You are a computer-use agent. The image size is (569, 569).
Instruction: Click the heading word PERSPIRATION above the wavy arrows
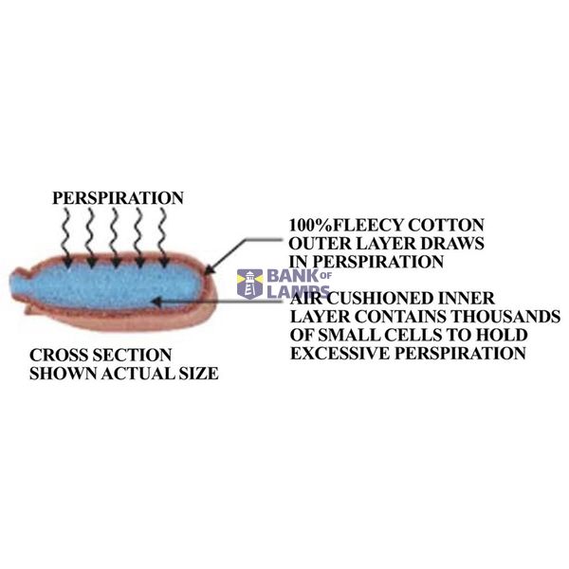pos(118,198)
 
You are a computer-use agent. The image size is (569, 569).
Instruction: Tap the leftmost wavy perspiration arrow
pos(67,237)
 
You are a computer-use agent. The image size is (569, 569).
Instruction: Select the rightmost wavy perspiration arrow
pos(163,237)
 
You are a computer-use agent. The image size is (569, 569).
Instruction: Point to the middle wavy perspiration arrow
pos(115,237)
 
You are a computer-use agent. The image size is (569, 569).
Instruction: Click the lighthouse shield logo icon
pos(249,284)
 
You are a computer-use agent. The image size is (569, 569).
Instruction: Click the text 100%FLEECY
pos(345,226)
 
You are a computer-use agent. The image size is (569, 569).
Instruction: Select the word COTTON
pos(446,226)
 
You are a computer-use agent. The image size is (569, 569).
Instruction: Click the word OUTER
pos(321,244)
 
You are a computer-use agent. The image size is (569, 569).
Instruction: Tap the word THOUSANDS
pos(505,317)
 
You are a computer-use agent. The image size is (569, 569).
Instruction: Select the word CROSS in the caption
pos(57,356)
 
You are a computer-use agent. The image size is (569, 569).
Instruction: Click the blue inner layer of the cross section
pos(105,286)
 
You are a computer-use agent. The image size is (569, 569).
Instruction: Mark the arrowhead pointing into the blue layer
pos(156,301)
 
